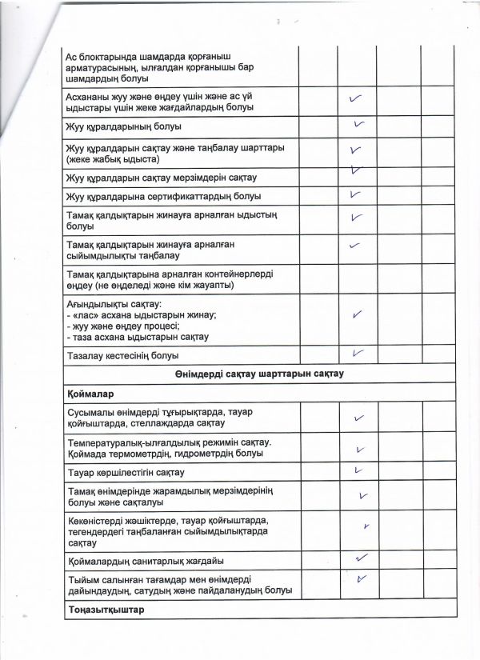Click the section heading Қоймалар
tap(90, 394)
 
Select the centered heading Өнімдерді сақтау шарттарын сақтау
tap(260, 374)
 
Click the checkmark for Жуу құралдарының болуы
tap(359, 126)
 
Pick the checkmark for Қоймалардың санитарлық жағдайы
tap(361, 558)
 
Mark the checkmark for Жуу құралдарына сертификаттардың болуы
tap(355, 195)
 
